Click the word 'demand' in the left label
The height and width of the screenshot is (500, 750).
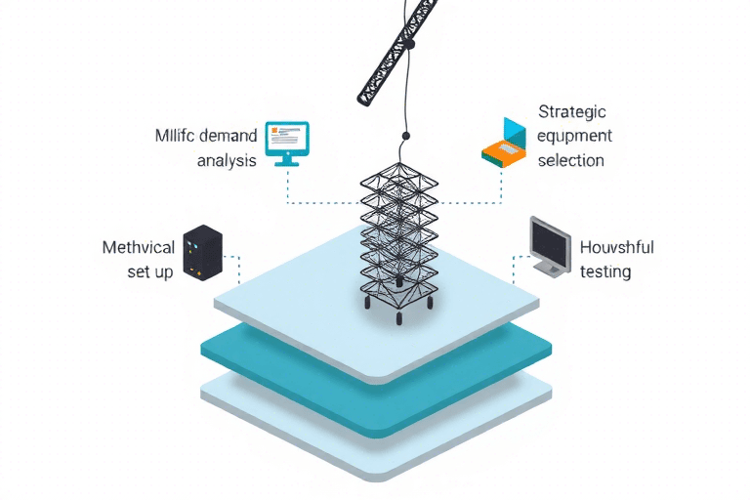click(224, 134)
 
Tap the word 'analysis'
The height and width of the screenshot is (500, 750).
click(227, 160)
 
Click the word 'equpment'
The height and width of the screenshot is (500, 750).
click(574, 135)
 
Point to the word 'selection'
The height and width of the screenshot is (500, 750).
click(571, 159)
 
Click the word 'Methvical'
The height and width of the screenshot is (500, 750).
click(138, 247)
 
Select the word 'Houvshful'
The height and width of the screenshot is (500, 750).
click(616, 247)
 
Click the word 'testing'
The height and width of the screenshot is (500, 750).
click(605, 271)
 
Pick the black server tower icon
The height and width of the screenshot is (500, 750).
click(203, 252)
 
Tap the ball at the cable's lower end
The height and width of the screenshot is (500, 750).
click(405, 136)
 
